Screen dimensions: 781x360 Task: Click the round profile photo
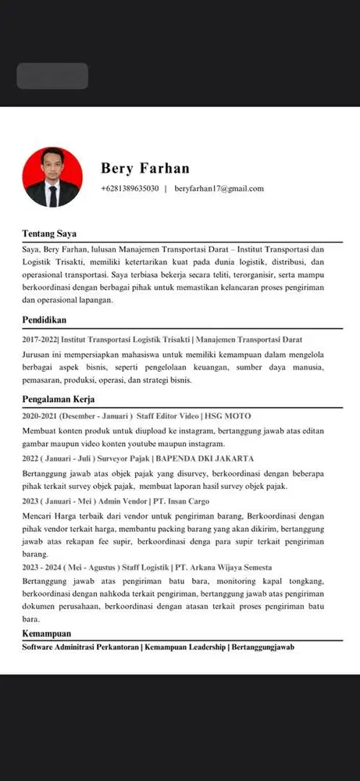52,177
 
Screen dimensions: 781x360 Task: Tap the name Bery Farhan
145,169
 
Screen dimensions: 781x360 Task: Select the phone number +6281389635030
130,188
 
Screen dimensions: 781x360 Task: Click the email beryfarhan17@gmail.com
219,188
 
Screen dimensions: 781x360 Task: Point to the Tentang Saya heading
49,234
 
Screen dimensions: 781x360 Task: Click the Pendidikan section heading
45,319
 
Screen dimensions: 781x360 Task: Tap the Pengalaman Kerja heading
58,399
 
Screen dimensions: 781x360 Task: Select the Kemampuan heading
47,633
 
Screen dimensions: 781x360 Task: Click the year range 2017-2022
39,340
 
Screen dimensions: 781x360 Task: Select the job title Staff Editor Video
168,416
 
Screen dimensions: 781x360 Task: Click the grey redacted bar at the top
52,76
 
